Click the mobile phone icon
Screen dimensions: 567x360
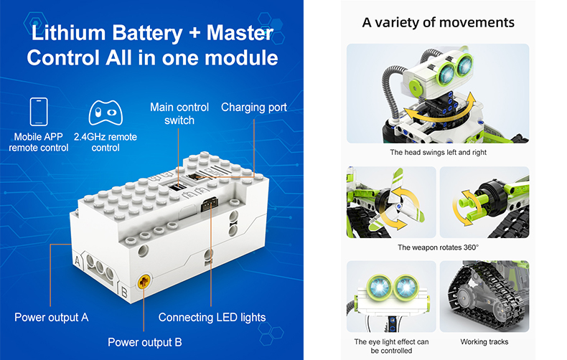(x=39, y=112)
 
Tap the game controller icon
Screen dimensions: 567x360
(x=106, y=113)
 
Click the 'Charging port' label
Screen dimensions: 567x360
(x=254, y=108)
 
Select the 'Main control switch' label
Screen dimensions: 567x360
(x=179, y=114)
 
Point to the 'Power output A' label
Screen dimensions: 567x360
(x=52, y=318)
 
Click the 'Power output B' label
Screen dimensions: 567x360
(x=145, y=342)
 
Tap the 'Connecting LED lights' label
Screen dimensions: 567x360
(x=212, y=318)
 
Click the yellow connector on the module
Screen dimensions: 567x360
(x=144, y=281)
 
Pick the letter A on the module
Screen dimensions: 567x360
(x=78, y=260)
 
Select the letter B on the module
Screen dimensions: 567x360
(x=124, y=292)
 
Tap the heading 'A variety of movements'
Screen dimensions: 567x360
(x=439, y=22)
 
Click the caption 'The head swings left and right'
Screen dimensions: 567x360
(x=438, y=153)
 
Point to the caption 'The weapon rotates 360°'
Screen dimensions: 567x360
(x=438, y=247)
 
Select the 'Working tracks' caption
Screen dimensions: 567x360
(x=484, y=342)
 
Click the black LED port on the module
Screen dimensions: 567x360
(x=210, y=204)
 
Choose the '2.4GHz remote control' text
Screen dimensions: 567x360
(x=106, y=143)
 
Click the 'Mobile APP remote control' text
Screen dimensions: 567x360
(x=39, y=143)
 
